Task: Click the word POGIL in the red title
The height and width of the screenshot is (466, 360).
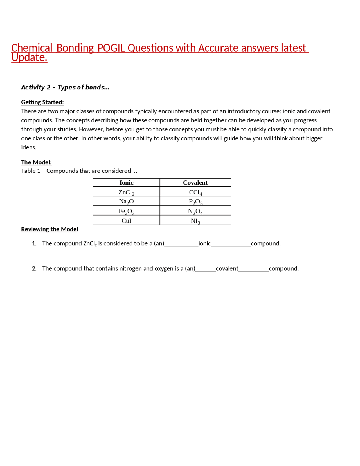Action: pyautogui.click(x=111, y=48)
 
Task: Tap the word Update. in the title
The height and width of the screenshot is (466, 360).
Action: pyautogui.click(x=29, y=58)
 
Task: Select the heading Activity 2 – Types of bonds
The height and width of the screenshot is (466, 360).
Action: pyautogui.click(x=65, y=87)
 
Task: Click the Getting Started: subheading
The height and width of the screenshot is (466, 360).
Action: pyautogui.click(x=42, y=102)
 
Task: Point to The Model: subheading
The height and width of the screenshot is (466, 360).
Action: pyautogui.click(x=36, y=162)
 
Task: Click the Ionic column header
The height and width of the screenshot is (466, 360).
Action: pyautogui.click(x=126, y=183)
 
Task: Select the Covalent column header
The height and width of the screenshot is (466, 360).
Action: pyautogui.click(x=195, y=183)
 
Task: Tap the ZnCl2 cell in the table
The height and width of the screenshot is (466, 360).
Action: pyautogui.click(x=126, y=192)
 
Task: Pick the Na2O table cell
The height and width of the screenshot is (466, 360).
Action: pyautogui.click(x=126, y=201)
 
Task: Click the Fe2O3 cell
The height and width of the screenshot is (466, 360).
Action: pyautogui.click(x=126, y=211)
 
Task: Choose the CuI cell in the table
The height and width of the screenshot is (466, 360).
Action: pyautogui.click(x=126, y=221)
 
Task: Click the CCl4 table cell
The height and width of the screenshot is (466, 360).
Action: pyautogui.click(x=195, y=192)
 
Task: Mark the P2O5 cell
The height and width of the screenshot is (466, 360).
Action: pyautogui.click(x=195, y=201)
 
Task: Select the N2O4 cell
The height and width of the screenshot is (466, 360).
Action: pyautogui.click(x=195, y=211)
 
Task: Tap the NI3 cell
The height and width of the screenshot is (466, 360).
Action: pyautogui.click(x=195, y=221)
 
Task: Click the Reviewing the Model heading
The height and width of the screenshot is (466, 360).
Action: pyautogui.click(x=49, y=229)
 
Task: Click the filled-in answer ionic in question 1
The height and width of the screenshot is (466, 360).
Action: pyautogui.click(x=204, y=243)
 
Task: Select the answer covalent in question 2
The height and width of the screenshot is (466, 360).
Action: pyautogui.click(x=227, y=268)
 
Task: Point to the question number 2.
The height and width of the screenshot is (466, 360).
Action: pyautogui.click(x=34, y=268)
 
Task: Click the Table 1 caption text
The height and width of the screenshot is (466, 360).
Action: pyautogui.click(x=79, y=171)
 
